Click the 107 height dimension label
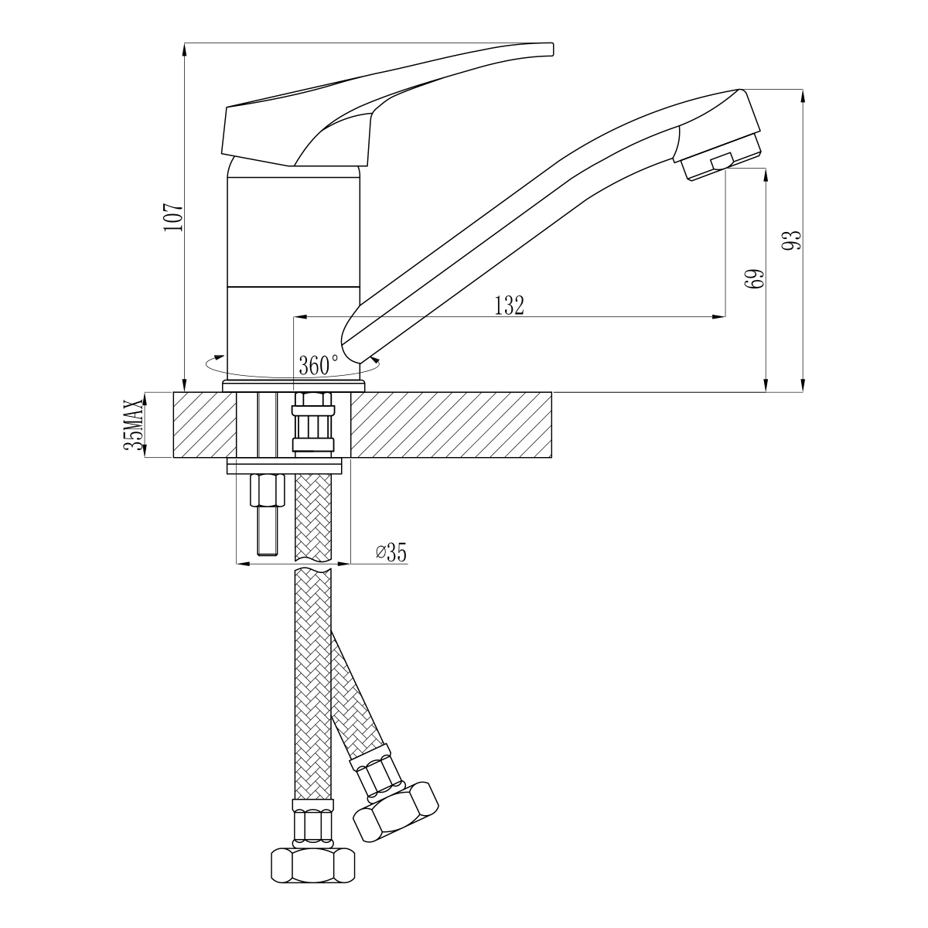tap(173, 217)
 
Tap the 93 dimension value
tap(792, 240)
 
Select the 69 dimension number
tap(755, 279)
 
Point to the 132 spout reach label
tap(509, 305)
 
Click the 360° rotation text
tap(319, 365)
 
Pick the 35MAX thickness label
tap(134, 425)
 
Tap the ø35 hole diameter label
tap(391, 552)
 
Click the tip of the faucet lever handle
tap(552, 49)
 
